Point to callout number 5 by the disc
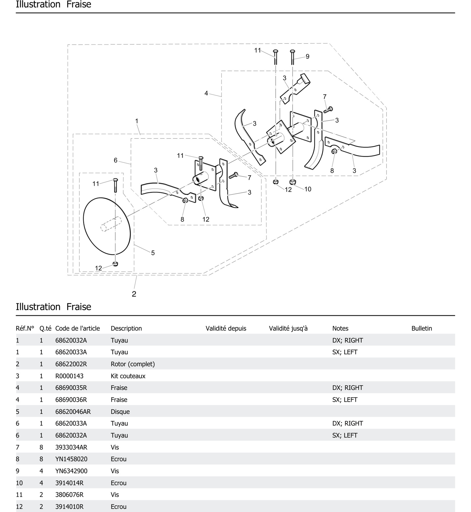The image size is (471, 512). coord(153,253)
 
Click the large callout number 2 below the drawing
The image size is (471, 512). coord(134,294)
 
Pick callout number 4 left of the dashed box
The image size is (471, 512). coord(206,93)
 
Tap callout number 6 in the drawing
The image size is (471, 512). coord(115,160)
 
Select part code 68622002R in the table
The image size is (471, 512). coord(71,364)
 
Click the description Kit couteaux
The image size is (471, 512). coord(128,376)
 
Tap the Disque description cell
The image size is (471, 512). coord(120,411)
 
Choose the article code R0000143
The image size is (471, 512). coord(69,376)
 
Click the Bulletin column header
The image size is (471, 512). coord(422,328)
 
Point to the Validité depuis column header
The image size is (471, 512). coord(226,328)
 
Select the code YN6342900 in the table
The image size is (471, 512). coord(71,471)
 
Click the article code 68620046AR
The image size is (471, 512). coord(73,411)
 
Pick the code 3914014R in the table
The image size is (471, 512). coord(69,483)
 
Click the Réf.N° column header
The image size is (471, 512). coord(25,328)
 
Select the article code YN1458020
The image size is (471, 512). coord(71,459)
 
